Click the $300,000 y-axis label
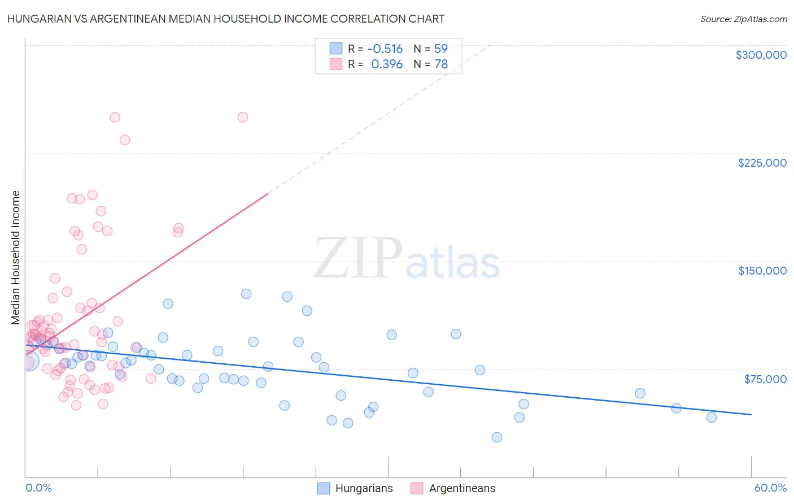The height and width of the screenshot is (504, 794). tap(761, 55)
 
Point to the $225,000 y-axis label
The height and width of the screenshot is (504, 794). tap(762, 163)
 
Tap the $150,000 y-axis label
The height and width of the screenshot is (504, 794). tap(762, 271)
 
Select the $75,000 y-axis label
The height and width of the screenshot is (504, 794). tap(765, 379)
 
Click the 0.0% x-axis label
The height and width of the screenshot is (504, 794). tap(38, 488)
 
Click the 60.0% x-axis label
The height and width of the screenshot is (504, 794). tap(770, 488)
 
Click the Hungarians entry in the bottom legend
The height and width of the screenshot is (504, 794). tap(364, 488)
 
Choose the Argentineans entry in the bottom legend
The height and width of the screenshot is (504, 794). tap(461, 488)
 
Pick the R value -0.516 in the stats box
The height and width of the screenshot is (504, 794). tap(385, 49)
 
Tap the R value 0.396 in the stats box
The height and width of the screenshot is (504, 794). tap(387, 64)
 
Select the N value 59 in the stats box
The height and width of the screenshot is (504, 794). tap(440, 49)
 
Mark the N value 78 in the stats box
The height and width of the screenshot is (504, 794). tap(440, 64)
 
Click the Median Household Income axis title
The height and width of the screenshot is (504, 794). tap(16, 258)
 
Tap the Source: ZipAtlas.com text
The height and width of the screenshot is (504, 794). tap(743, 19)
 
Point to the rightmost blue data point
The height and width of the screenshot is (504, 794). tap(712, 417)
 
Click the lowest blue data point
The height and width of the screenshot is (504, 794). tap(497, 437)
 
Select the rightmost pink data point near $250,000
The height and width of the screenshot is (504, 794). tap(243, 117)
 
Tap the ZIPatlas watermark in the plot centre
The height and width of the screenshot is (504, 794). tap(407, 259)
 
